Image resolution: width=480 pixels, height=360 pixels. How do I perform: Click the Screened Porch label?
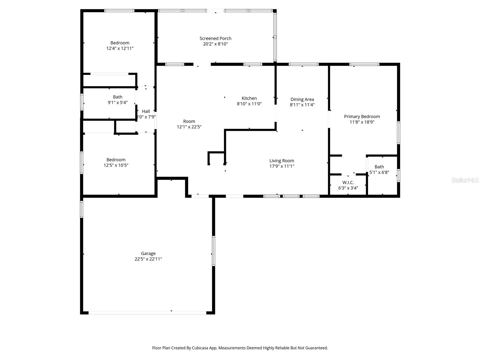pyautogui.click(x=215, y=38)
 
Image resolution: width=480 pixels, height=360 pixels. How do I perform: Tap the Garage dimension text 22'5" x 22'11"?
pyautogui.click(x=148, y=259)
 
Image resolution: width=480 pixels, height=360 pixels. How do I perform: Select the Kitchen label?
pyautogui.click(x=249, y=98)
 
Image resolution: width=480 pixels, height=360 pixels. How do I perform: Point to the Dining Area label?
pyautogui.click(x=302, y=99)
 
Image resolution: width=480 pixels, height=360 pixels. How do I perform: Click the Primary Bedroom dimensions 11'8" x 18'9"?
pyautogui.click(x=362, y=122)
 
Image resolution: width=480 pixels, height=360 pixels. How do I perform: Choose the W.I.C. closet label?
pyautogui.click(x=348, y=182)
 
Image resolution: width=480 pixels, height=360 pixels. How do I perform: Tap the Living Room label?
pyautogui.click(x=282, y=160)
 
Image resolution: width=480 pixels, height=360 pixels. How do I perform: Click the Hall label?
pyautogui.click(x=146, y=111)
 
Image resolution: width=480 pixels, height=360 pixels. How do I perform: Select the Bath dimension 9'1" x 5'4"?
pyautogui.click(x=118, y=102)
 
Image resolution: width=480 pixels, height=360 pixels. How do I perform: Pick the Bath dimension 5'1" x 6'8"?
pyautogui.click(x=379, y=172)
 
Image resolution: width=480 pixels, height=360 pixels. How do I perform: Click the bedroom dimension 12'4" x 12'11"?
pyautogui.click(x=120, y=48)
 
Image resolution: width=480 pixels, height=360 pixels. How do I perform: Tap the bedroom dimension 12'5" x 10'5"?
pyautogui.click(x=116, y=165)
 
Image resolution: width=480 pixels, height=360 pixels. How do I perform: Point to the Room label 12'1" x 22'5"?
pyautogui.click(x=189, y=121)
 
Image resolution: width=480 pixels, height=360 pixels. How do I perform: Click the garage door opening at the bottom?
pyautogui.click(x=147, y=313)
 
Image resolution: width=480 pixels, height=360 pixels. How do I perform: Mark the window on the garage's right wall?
pyautogui.click(x=214, y=251)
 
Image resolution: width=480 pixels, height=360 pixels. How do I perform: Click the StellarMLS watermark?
pyautogui.click(x=465, y=180)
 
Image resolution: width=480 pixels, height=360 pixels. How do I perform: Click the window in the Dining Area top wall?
pyautogui.click(x=303, y=64)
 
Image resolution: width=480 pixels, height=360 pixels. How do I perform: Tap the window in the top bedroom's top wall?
pyautogui.click(x=119, y=11)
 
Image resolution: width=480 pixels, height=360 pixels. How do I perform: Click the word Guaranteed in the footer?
pyautogui.click(x=317, y=348)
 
